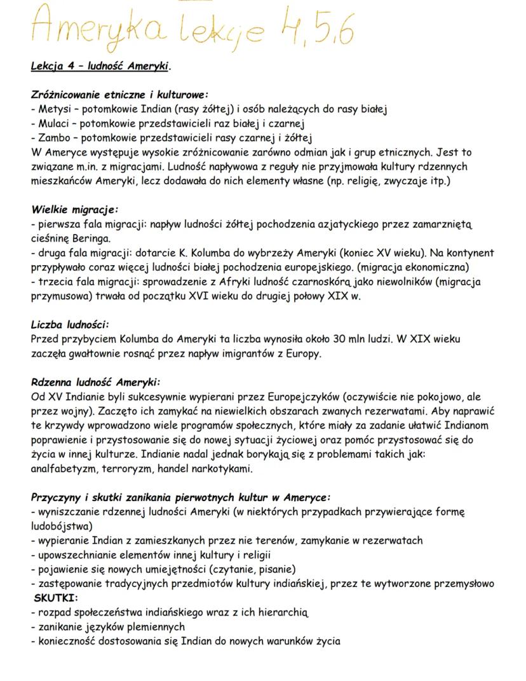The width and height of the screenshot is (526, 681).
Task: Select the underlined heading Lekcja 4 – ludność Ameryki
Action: (100, 66)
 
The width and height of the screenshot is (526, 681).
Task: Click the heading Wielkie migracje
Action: (74, 209)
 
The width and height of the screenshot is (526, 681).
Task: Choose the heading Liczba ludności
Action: (70, 324)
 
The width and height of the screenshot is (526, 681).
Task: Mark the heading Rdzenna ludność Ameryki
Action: (95, 382)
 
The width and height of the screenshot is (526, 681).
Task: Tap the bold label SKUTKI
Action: (56, 598)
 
